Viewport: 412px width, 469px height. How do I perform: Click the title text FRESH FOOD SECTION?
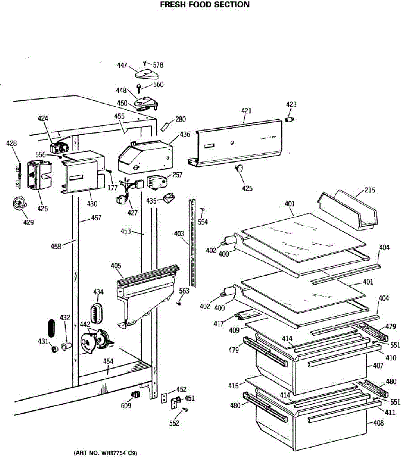pos(205,5)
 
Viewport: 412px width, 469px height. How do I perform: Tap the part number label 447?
pos(122,66)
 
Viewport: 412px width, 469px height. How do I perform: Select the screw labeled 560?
pos(139,87)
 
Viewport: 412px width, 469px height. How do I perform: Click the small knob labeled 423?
pos(290,118)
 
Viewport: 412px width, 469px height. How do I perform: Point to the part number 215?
pos(370,190)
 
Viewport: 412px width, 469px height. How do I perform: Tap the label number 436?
pos(185,135)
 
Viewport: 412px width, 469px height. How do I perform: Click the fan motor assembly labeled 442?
pos(97,341)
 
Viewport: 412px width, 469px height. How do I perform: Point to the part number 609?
pos(126,406)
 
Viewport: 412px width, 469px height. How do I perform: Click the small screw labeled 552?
pos(185,409)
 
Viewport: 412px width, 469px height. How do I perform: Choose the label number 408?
pos(378,423)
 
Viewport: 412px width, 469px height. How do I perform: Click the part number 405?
pos(116,266)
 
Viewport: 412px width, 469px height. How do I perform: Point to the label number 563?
pos(184,291)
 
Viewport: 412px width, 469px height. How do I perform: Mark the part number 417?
pos(219,324)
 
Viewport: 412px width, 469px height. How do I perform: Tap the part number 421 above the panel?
pos(246,111)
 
